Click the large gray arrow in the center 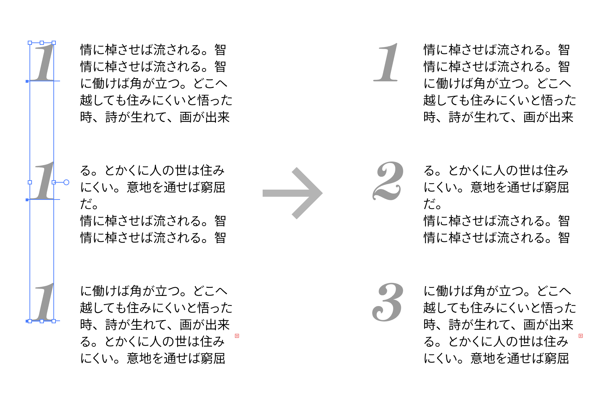click(x=292, y=193)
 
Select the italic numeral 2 click(x=388, y=181)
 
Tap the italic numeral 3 click(x=388, y=302)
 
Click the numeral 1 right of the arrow click(x=387, y=62)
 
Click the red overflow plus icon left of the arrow click(x=237, y=336)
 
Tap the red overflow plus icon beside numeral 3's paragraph click(x=581, y=336)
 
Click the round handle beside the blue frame click(x=66, y=182)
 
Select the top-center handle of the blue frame click(x=42, y=43)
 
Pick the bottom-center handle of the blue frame click(x=42, y=321)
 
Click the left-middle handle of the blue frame click(x=30, y=182)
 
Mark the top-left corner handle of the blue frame click(x=30, y=43)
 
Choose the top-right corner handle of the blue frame click(x=54, y=43)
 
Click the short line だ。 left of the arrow click(x=89, y=204)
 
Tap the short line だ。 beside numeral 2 click(x=433, y=204)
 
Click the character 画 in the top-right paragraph click(x=529, y=117)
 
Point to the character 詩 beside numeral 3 click(x=455, y=325)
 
